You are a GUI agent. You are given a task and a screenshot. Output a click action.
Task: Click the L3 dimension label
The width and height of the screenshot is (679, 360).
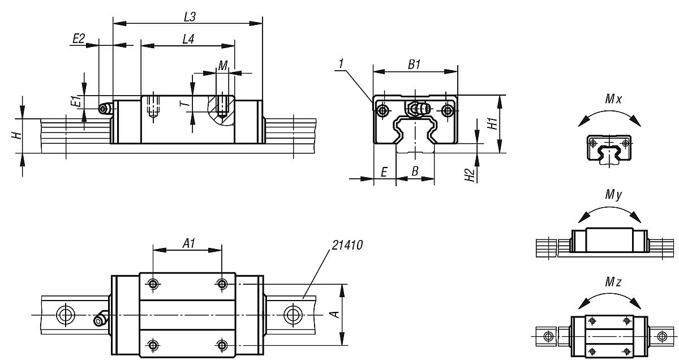[x=190, y=17]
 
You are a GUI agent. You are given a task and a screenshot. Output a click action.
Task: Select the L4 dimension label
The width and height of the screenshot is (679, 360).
[x=190, y=40]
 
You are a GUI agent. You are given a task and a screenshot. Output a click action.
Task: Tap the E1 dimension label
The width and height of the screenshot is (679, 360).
[x=74, y=102]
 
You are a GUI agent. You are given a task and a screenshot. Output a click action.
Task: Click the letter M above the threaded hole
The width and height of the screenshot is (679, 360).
[x=223, y=66]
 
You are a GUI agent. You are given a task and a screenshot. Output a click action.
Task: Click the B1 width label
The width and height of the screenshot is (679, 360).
[x=414, y=65]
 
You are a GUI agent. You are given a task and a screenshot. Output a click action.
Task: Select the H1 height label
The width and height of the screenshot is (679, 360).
[x=493, y=124]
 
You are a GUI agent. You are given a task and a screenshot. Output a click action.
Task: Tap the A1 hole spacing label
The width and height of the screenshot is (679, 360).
[x=189, y=243]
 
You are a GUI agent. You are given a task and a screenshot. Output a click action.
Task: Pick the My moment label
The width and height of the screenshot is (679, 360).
[x=613, y=196]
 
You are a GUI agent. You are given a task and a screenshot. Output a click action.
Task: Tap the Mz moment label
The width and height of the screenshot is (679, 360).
[x=613, y=282]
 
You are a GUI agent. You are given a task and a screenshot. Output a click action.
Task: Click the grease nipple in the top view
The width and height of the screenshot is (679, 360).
[x=101, y=320]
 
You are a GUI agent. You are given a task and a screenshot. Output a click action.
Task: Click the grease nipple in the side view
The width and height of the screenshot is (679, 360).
[x=104, y=109]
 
